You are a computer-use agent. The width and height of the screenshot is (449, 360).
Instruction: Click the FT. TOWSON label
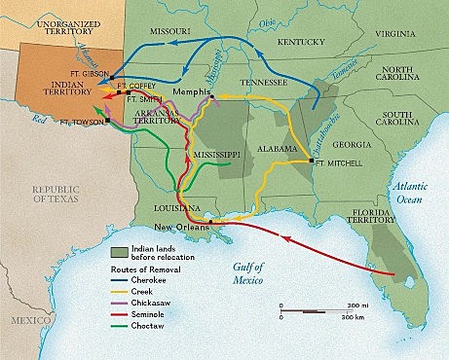79,122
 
